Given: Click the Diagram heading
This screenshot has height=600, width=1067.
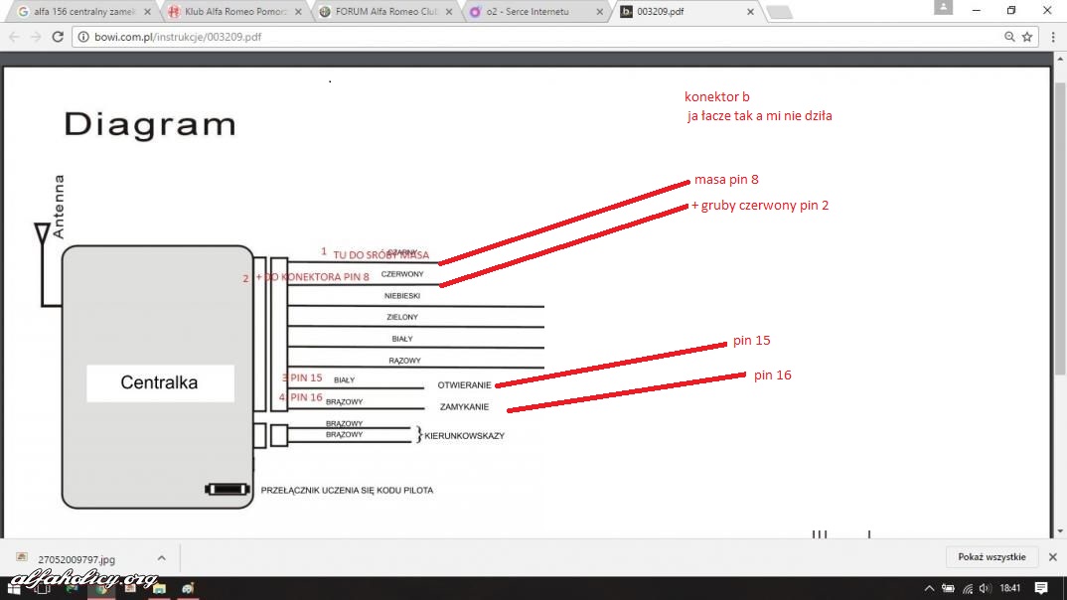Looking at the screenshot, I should tap(149, 124).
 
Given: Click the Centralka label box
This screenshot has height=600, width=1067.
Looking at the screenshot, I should tap(159, 382).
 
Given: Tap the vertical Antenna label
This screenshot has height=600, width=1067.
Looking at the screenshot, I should tap(59, 207).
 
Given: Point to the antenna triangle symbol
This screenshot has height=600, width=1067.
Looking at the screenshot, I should tap(43, 235).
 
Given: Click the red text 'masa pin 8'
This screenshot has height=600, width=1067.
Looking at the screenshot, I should tap(726, 180).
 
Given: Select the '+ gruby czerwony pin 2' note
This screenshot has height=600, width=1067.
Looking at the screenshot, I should tap(760, 206).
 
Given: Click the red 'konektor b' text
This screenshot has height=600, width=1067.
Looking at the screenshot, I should tap(716, 96).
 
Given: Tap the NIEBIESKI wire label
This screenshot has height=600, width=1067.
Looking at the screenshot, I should tap(402, 296).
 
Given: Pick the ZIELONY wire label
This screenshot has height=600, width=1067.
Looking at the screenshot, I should tap(402, 317).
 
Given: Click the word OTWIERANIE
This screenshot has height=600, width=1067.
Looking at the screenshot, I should tap(464, 385).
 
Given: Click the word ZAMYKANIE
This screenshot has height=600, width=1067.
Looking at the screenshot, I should tap(464, 406).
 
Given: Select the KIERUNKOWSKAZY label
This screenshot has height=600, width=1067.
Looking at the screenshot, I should tap(464, 436).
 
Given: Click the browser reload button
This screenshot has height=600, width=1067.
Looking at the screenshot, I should tap(58, 37).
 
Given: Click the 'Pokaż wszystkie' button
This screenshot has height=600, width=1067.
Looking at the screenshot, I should tap(991, 557).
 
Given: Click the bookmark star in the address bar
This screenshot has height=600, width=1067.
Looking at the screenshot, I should tap(1027, 37).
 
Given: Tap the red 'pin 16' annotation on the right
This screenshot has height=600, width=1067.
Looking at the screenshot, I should tap(772, 375).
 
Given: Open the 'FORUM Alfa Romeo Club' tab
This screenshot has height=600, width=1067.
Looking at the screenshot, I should tap(382, 11).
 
